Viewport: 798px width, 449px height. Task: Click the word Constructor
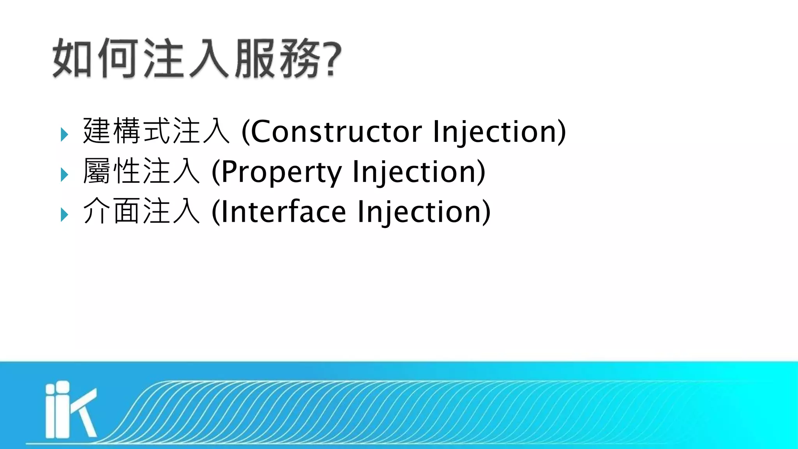coord(336,132)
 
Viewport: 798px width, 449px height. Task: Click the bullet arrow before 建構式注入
coord(64,135)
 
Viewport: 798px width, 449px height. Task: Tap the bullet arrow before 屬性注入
coord(64,175)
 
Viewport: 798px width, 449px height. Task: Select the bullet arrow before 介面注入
coord(64,215)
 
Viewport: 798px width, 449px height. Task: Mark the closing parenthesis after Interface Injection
coord(486,212)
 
